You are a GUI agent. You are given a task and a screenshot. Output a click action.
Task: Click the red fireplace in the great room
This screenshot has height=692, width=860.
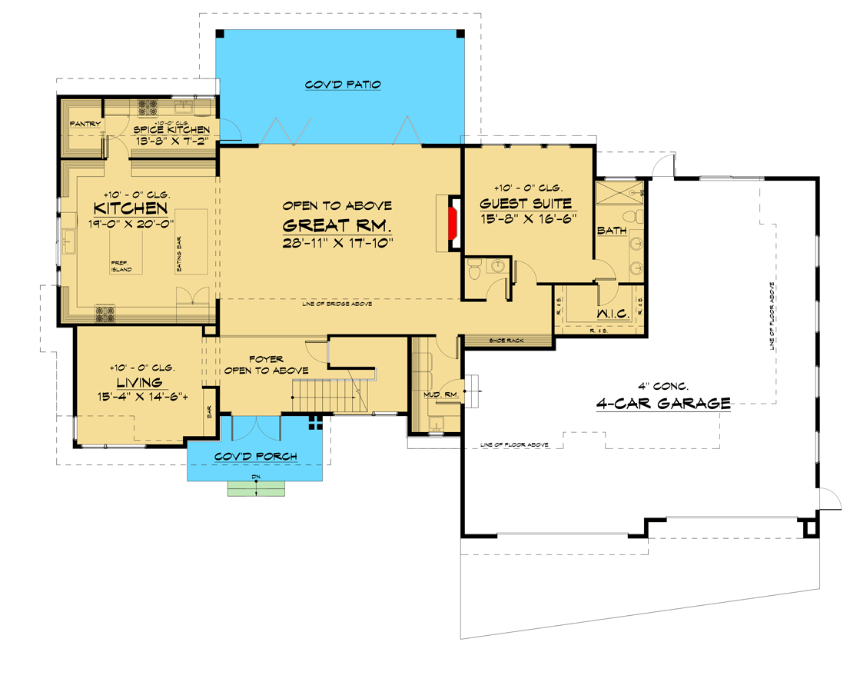(x=453, y=223)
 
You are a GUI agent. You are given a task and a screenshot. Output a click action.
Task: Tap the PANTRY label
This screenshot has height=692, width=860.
(x=85, y=124)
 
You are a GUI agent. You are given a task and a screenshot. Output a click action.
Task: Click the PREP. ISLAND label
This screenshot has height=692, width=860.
(x=121, y=266)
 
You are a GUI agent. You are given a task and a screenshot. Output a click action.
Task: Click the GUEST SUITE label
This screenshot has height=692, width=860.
(x=526, y=204)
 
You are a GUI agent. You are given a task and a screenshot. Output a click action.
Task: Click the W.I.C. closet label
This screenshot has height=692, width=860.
(x=613, y=314)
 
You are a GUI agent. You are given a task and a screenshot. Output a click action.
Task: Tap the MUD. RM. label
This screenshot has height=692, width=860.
(x=436, y=395)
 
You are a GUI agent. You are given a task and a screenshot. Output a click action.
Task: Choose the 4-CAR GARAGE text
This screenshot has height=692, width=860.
(x=662, y=402)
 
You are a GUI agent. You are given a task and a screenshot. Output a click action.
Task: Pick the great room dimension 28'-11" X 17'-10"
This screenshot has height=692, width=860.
(x=338, y=243)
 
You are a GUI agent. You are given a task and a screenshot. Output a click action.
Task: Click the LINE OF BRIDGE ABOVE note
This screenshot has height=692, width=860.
(x=337, y=304)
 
